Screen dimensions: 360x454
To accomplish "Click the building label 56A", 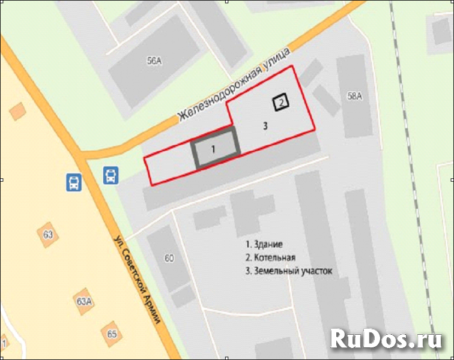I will pos(154,61).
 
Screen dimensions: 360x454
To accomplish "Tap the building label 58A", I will pos(355,95).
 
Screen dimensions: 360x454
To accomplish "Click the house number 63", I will pos(48,233).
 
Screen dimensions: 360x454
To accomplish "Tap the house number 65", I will pos(112,333).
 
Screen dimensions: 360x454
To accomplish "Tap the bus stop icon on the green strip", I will pos(111,176).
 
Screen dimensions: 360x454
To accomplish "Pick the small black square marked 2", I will pos(281,103).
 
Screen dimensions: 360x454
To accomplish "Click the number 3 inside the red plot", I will pos(265,125).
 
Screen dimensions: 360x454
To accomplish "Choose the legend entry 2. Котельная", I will pos(271,258).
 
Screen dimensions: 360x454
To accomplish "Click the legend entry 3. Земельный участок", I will pos(289,271).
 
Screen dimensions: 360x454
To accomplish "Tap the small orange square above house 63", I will pos(17,111).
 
